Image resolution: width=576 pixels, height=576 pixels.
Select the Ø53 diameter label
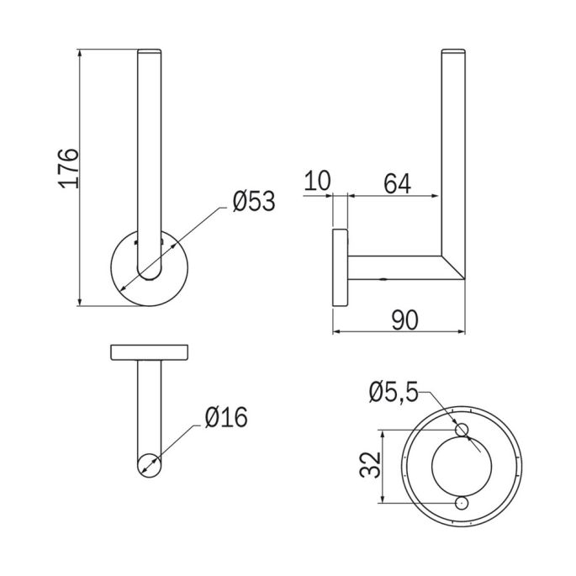tap(253, 202)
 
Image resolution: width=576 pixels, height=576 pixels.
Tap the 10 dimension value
tap(319, 181)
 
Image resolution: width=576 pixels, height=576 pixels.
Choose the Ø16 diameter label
tap(225, 416)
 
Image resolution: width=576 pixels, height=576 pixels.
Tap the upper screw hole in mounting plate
tap(461, 431)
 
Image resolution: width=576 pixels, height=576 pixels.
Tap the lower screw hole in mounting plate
tap(461, 502)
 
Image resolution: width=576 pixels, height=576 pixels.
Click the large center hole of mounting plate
tap(460, 466)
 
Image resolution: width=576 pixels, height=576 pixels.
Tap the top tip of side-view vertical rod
tap(452, 53)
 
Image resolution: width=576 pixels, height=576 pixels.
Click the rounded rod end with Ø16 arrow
tap(150, 465)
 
